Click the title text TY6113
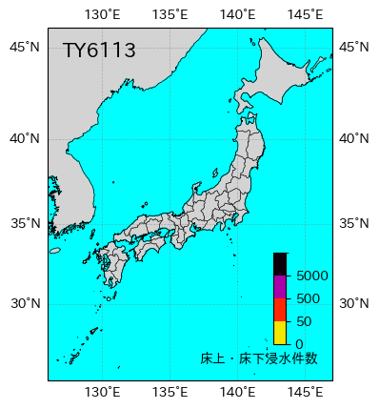point(99,51)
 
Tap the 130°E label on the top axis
point(103,13)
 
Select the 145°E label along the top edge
point(305,13)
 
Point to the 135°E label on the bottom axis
point(170,392)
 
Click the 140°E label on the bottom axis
point(237,392)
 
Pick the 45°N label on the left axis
point(25,48)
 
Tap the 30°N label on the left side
point(25,304)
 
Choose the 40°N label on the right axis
point(355,138)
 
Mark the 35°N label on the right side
point(355,224)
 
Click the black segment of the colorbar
point(280,264)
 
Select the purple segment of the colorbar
point(280,287)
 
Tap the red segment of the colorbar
point(280,310)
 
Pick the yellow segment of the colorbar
point(280,332)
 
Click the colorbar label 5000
point(312,276)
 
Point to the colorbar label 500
point(308,298)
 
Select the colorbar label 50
point(304,321)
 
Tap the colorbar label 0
point(299,344)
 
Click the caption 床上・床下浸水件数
point(259,358)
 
